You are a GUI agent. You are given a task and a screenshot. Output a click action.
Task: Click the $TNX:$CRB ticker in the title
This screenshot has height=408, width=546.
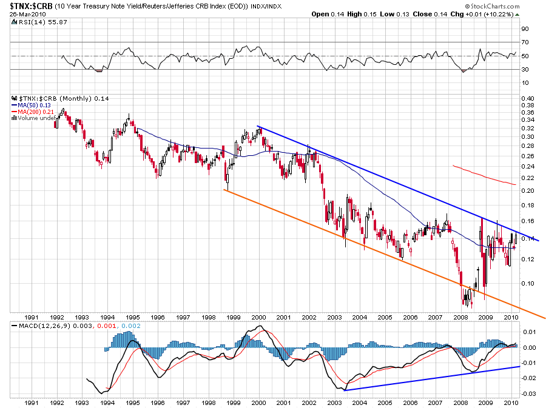tap(27, 5)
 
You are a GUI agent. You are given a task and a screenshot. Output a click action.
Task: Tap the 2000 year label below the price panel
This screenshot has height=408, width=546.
tap(258, 317)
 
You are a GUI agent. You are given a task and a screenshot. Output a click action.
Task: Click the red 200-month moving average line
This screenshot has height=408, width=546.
tap(485, 174)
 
